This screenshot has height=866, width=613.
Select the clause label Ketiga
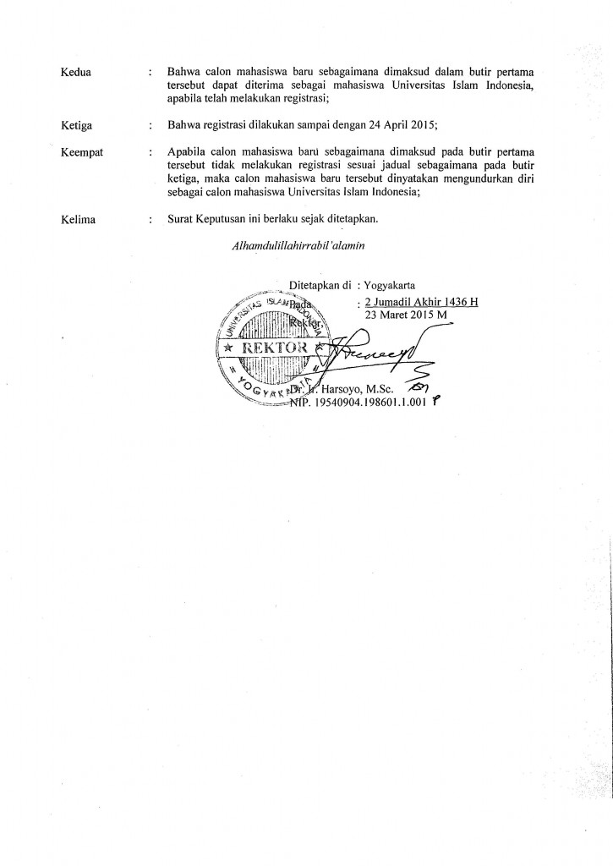pyautogui.click(x=78, y=127)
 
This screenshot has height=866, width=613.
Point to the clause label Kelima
pyautogui.click(x=79, y=221)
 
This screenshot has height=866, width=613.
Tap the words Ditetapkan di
pyautogui.click(x=319, y=285)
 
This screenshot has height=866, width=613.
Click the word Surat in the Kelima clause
pyautogui.click(x=182, y=221)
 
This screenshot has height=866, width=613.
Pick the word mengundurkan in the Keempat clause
pyautogui.click(x=476, y=179)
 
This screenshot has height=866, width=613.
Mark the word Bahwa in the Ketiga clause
pyautogui.click(x=185, y=127)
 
